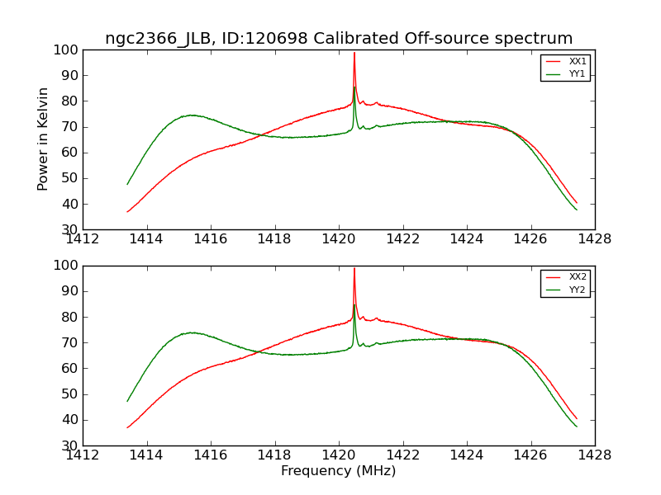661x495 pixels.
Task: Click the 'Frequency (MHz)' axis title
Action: click(x=339, y=471)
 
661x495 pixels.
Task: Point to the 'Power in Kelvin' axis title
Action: click(x=44, y=139)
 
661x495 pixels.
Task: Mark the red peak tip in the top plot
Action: click(x=354, y=53)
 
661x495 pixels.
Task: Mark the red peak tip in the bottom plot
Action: click(x=354, y=268)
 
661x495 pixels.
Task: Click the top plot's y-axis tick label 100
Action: click(x=68, y=50)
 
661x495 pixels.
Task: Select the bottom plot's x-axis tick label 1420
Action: click(x=339, y=453)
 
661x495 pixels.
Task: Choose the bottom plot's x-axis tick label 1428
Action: click(x=594, y=453)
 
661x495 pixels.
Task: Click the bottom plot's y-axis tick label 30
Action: click(x=71, y=445)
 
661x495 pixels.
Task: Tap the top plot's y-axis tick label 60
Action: click(x=71, y=153)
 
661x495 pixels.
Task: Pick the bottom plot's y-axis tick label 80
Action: click(x=71, y=317)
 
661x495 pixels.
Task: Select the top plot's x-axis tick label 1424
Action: click(x=467, y=238)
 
